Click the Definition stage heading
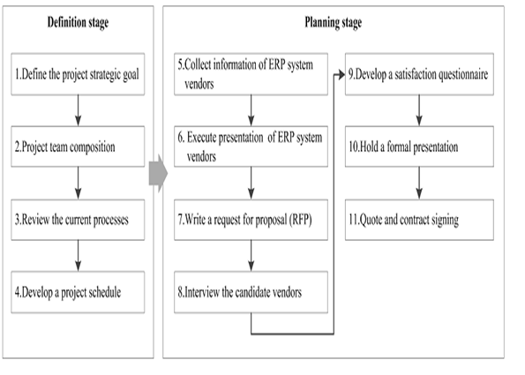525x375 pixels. tap(78, 22)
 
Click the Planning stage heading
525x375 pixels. tap(334, 22)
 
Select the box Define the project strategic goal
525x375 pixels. tap(78, 74)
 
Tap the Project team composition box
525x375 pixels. tap(78, 146)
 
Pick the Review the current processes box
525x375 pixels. tap(78, 220)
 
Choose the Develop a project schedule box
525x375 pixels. tap(78, 292)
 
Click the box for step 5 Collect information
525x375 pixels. tap(251, 74)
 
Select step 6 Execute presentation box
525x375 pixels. tap(251, 146)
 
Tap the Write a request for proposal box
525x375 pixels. tap(251, 220)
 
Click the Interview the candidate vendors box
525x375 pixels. tap(251, 292)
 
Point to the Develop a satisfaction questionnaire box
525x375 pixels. tap(419, 74)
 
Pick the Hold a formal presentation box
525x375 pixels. tap(419, 146)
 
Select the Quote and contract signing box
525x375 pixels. tap(419, 220)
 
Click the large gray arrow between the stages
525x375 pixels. tap(158, 173)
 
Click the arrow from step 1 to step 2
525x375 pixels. tap(78, 111)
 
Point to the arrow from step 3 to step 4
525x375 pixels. tap(78, 256)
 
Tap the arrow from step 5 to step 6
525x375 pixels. tap(251, 111)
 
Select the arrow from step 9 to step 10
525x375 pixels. tap(419, 111)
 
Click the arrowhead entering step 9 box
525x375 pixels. tap(341, 75)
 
